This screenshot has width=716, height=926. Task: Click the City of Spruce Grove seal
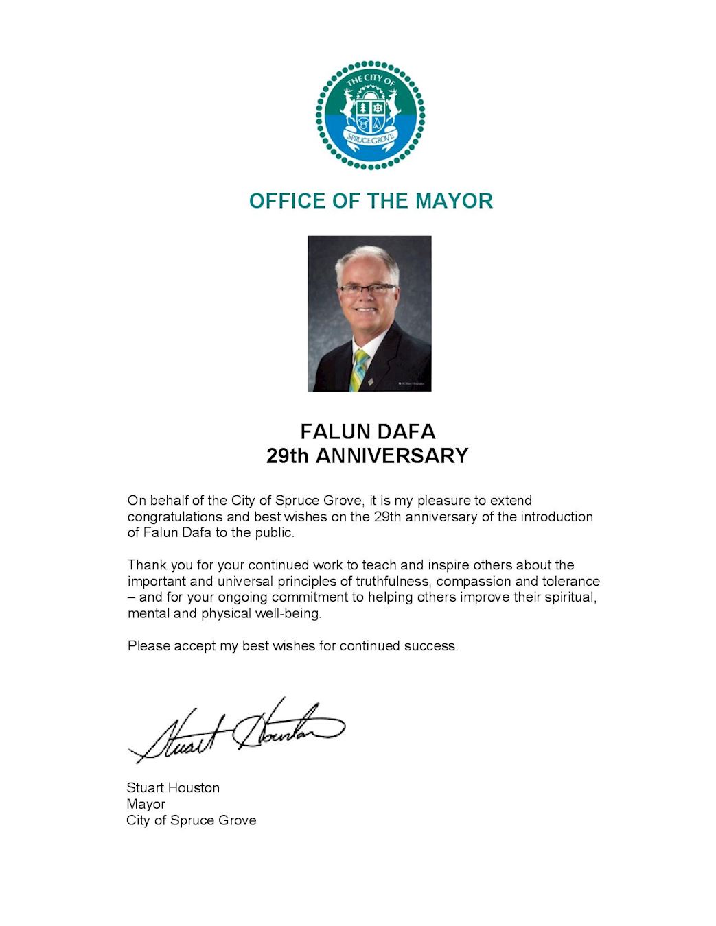[x=370, y=115]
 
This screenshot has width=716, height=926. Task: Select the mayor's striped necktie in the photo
[x=359, y=369]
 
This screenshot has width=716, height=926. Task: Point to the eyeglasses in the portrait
[x=367, y=289]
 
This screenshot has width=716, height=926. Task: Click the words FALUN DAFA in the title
[x=368, y=431]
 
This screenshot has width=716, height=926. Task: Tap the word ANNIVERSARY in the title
[x=392, y=456]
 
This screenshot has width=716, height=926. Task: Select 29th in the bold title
[x=288, y=456]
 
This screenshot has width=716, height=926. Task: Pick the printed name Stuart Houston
[x=173, y=788]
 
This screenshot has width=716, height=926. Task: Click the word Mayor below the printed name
[x=146, y=805]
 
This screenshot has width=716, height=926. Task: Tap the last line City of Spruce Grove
[x=191, y=820]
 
